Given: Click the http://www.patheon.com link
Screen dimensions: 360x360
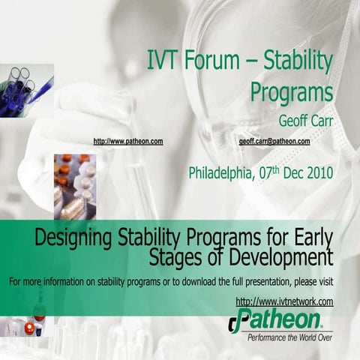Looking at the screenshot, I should point(127,141).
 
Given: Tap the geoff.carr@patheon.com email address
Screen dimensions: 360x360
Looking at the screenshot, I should point(274,141).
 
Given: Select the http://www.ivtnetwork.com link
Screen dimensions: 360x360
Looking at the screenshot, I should point(284,301).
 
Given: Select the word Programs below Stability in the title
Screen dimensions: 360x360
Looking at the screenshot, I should point(291,92).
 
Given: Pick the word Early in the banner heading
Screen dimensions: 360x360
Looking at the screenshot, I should point(312,239).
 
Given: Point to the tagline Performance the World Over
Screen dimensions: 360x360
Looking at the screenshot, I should point(290,337).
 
